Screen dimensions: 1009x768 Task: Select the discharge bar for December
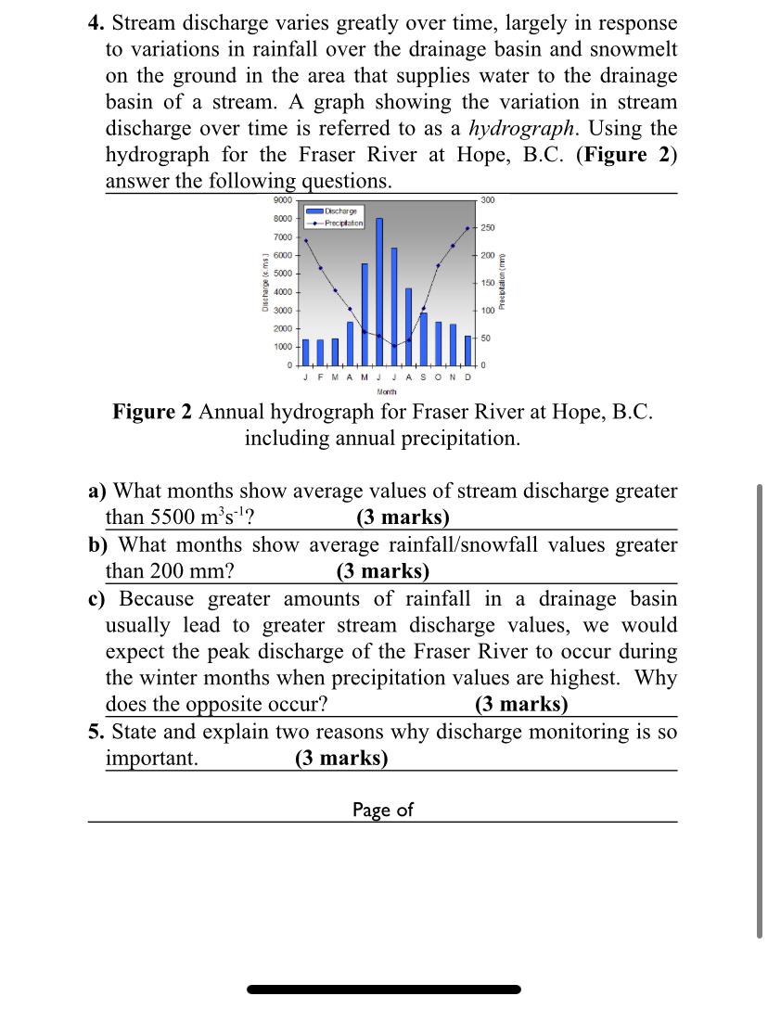(x=468, y=350)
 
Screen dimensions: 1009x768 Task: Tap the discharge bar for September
(x=424, y=338)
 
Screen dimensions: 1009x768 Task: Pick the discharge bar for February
(x=320, y=352)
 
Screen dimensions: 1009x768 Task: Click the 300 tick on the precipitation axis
(x=488, y=200)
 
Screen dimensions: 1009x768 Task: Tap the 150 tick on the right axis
(x=488, y=282)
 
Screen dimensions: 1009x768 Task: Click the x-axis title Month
(x=387, y=392)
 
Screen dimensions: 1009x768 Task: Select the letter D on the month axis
(x=468, y=377)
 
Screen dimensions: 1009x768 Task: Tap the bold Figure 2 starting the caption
(x=153, y=412)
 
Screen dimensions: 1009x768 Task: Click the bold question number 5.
(x=96, y=733)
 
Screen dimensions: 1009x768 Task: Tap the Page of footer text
(x=382, y=810)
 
